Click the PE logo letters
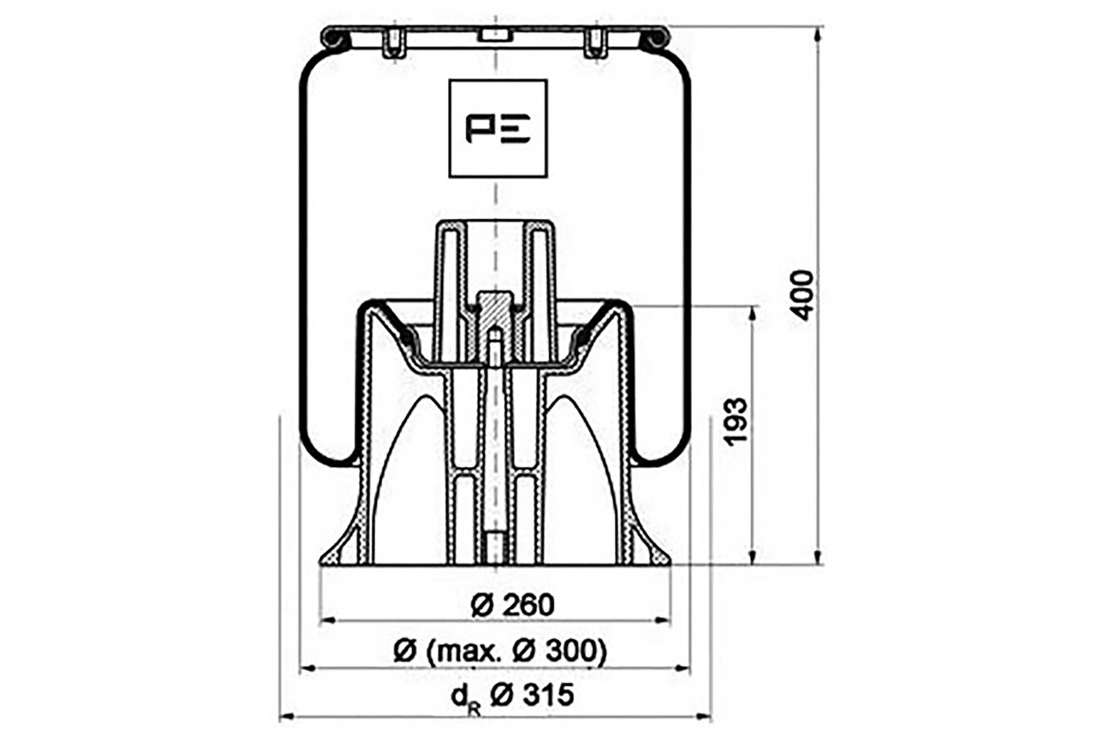pyautogui.click(x=498, y=128)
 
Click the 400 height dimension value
pyautogui.click(x=802, y=295)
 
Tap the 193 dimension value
pyautogui.click(x=735, y=422)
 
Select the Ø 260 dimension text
pyautogui.click(x=513, y=605)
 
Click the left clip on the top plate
pyautogui.click(x=394, y=43)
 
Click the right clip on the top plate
pyautogui.click(x=596, y=43)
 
